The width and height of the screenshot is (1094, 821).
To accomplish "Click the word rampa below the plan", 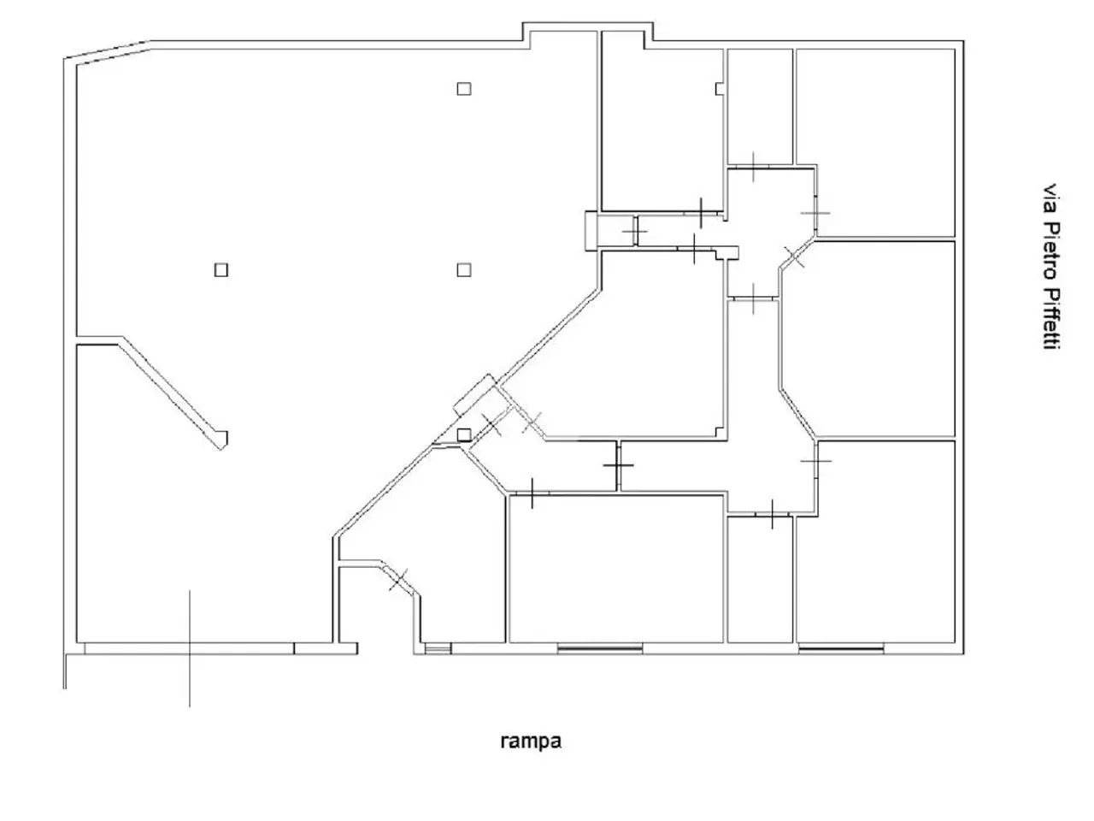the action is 530,741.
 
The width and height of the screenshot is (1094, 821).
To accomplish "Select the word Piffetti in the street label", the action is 1050,319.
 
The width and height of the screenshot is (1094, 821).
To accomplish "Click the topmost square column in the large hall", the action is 463,89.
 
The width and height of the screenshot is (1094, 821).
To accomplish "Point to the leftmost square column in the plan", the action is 221,270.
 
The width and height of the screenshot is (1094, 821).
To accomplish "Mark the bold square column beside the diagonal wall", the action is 463,434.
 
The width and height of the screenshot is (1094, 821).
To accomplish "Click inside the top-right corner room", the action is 875,142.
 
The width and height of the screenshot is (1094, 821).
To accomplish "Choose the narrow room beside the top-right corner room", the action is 760,106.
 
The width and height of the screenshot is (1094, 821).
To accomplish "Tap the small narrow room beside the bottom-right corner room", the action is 760,580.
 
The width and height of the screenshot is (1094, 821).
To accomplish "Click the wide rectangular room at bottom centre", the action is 615,569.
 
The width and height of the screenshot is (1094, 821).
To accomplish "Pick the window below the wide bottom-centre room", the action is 600,648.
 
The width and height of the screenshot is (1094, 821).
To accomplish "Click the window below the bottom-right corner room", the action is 841,648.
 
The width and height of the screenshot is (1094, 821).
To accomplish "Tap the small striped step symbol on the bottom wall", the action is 437,648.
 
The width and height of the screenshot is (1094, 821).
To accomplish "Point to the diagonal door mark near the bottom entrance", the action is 398,580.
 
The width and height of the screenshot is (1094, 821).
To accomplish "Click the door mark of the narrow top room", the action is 753,167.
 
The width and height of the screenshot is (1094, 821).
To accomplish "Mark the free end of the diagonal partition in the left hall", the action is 223,441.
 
